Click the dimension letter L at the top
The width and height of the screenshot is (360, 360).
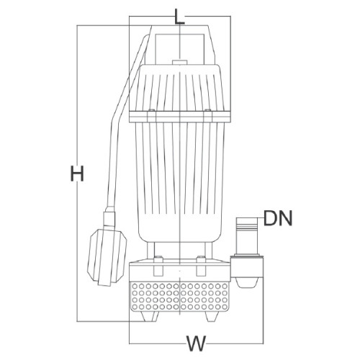pyautogui.click(x=179, y=17)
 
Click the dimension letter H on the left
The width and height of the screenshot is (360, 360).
pyautogui.click(x=77, y=173)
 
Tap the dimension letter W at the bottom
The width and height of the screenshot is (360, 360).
pyautogui.click(x=197, y=343)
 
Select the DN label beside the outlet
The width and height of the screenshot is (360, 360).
pyautogui.click(x=278, y=218)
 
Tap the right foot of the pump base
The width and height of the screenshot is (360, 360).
pyautogui.click(x=212, y=316)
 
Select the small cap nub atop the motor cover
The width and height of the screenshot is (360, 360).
pyautogui.click(x=179, y=62)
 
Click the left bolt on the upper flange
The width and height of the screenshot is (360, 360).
pyautogui.click(x=151, y=116)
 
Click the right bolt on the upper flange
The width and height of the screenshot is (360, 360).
pyautogui.click(x=208, y=116)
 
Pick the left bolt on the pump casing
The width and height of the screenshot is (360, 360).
pyautogui.click(x=158, y=266)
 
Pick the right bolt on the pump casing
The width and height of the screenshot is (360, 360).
pyautogui.click(x=201, y=266)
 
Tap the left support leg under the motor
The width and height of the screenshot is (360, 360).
pyautogui.click(x=151, y=250)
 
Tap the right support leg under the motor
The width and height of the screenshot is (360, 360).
pyautogui.click(x=208, y=250)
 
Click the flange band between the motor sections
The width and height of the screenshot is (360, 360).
pyautogui.click(x=180, y=117)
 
